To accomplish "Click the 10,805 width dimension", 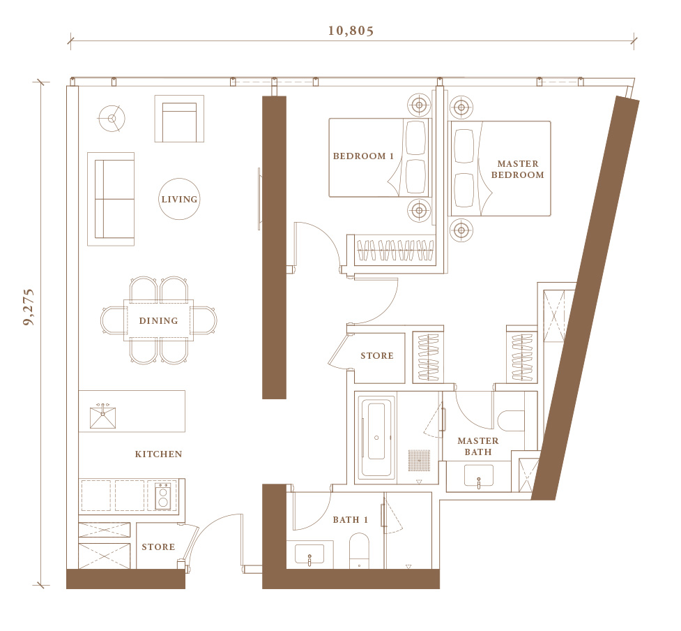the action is click(x=351, y=31).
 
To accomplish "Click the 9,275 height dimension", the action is click(x=29, y=307).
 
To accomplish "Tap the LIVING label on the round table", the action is click(x=179, y=199).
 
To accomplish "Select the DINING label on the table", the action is click(x=158, y=321).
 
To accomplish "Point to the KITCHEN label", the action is click(x=158, y=454).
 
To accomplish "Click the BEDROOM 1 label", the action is click(x=363, y=156).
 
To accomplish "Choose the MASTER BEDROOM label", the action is click(x=517, y=169).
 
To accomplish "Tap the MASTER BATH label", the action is click(x=477, y=446).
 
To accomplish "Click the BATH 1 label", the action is click(x=350, y=520).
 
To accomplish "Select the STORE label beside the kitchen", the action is click(x=158, y=547).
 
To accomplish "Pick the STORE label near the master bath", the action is click(x=377, y=356).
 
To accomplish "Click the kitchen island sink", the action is click(x=103, y=417).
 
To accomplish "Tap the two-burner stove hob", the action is click(x=163, y=496).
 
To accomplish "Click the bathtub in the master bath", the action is click(x=376, y=438).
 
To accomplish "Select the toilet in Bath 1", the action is click(x=359, y=551).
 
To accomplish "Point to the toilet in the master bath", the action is click(x=511, y=420).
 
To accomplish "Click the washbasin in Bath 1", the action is click(x=309, y=554).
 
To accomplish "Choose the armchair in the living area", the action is click(x=179, y=119).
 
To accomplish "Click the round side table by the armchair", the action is click(x=112, y=118).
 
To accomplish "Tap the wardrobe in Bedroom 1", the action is click(x=395, y=251).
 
